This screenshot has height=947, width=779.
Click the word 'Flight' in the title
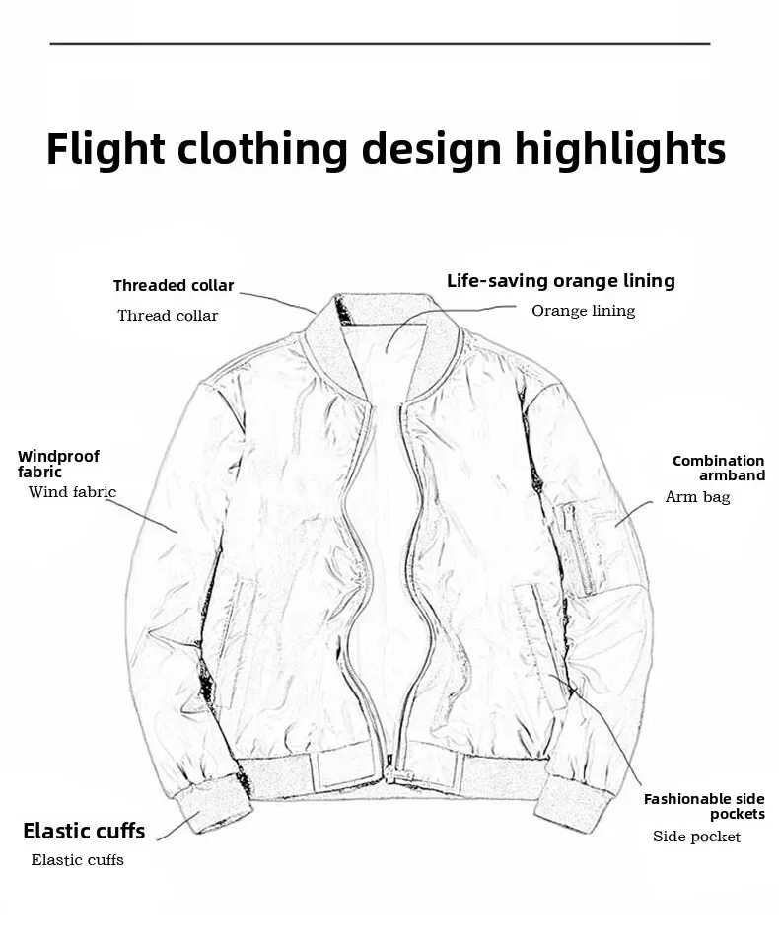106,149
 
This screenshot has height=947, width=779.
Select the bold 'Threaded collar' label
174,286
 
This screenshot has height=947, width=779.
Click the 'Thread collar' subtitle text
168,316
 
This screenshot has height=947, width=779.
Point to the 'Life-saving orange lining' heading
561,281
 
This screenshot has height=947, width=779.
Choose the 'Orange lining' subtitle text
584,311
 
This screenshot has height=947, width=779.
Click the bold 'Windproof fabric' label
58,464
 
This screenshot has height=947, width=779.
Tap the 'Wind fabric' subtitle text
72,492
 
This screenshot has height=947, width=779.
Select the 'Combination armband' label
719,468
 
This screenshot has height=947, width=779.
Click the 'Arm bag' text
697,497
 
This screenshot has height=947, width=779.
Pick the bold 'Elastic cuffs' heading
84,831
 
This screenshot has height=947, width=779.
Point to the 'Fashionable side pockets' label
704,806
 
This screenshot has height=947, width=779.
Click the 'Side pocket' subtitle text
696,837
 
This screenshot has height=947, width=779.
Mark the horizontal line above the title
380,44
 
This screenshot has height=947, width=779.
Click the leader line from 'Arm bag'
634,509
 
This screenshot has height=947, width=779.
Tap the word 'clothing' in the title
263,149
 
